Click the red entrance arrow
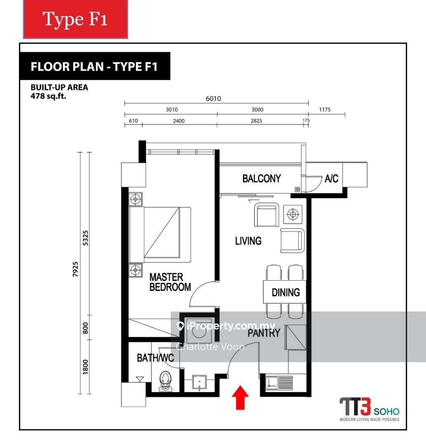[240, 397]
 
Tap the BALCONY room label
[261, 178]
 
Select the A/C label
[332, 178]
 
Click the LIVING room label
[248, 241]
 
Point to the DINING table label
[286, 292]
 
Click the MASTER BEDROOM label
[170, 282]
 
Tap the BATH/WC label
[155, 358]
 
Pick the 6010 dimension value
[213, 98]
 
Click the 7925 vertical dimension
[75, 269]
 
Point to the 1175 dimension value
[325, 110]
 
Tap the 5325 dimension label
[85, 238]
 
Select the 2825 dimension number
[256, 121]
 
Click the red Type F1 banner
[75, 19]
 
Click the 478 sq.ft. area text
[48, 96]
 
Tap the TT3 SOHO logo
[370, 410]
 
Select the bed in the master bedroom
[160, 235]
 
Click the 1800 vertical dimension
[85, 367]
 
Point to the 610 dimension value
[133, 121]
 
